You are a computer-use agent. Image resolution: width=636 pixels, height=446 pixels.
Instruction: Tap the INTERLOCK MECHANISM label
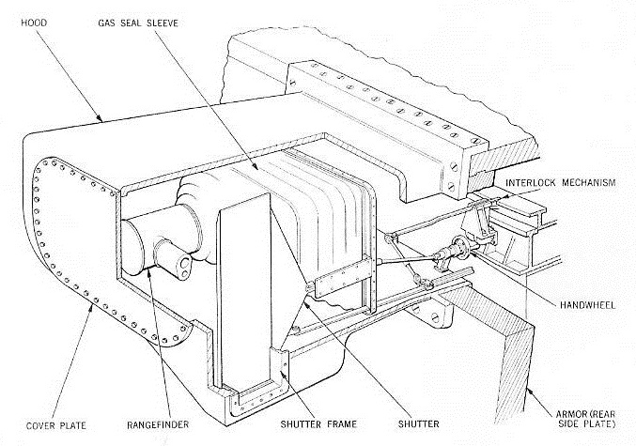pos(559,182)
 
